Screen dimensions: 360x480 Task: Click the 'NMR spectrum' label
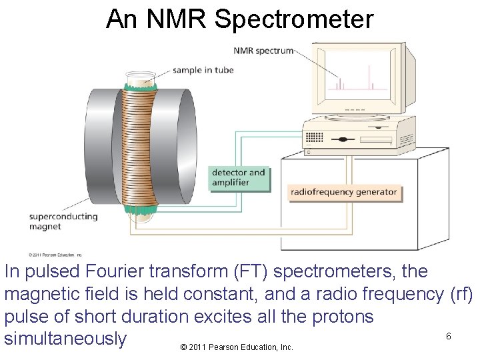click(x=263, y=51)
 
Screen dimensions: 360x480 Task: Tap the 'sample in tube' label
click(x=203, y=70)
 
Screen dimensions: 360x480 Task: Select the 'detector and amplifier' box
click(x=238, y=177)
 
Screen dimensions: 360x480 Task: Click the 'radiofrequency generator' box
click(x=343, y=193)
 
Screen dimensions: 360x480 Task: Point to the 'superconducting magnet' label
click(x=63, y=221)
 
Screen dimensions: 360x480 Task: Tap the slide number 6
click(x=449, y=336)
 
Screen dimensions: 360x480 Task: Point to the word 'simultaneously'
click(x=65, y=339)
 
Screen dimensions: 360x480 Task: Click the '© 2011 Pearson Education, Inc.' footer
click(x=237, y=347)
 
